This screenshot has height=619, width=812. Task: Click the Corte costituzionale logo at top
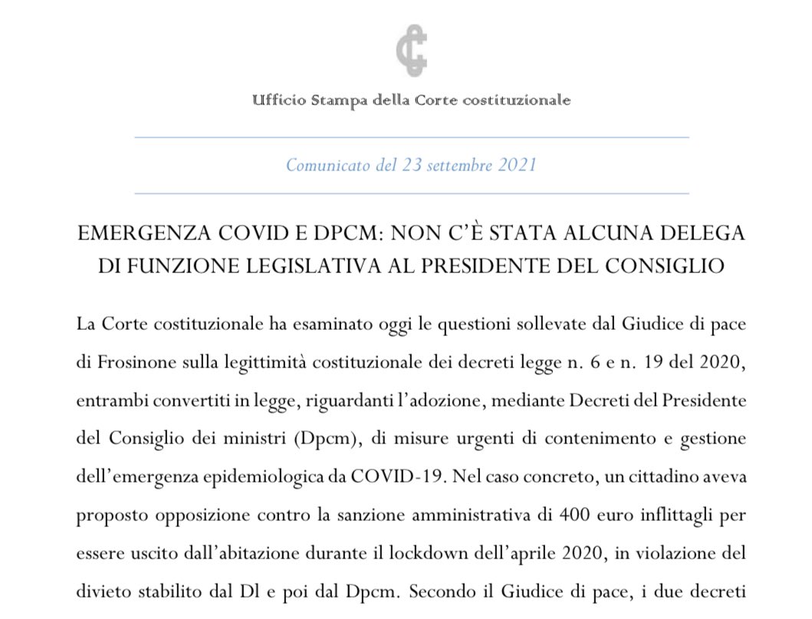coord(411,51)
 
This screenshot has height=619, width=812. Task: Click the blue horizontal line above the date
coord(411,137)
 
